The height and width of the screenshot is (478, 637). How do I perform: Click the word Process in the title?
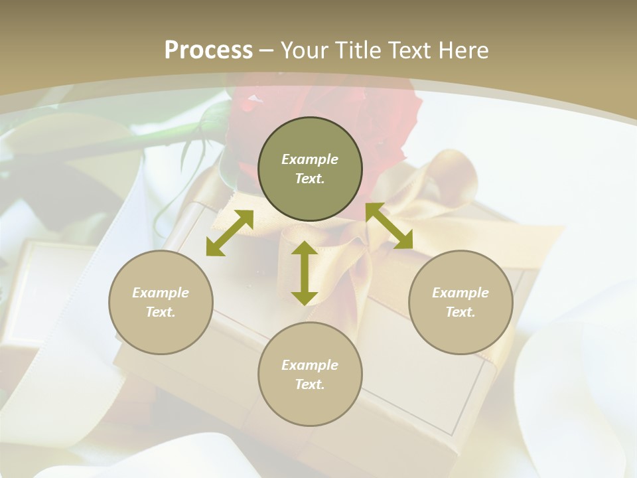point(208,50)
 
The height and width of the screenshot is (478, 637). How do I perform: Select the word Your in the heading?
point(303,50)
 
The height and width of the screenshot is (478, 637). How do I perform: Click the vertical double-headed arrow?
point(305,273)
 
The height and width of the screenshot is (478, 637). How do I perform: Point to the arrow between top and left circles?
point(230,233)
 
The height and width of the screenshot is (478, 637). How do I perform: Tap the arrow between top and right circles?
point(389,226)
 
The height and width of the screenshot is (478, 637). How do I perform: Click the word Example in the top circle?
point(310,159)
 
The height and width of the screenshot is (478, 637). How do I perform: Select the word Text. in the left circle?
point(161,312)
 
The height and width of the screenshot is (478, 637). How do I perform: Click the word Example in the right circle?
point(460,293)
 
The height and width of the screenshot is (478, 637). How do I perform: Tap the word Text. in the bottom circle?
point(310,384)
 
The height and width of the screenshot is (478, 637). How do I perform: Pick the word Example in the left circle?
point(161,293)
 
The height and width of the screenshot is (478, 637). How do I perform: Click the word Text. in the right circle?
point(460,312)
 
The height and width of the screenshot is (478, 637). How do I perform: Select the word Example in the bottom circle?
point(310,365)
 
